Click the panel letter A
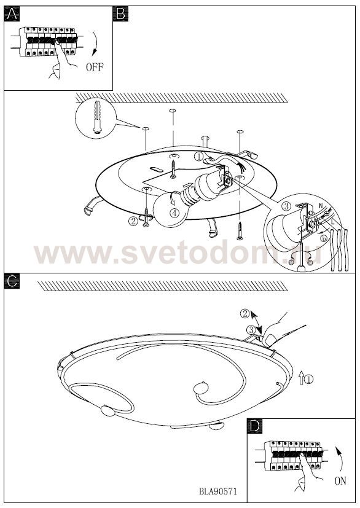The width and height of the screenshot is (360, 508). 12,14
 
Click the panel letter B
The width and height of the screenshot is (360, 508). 120,14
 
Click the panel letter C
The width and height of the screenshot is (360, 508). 12,281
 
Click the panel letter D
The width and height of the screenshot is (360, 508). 255,426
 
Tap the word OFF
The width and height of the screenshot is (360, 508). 95,67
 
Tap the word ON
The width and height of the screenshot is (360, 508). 340,481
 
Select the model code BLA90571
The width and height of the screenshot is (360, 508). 217,491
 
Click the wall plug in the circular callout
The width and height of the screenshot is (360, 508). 97,117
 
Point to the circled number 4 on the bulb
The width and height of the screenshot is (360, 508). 174,213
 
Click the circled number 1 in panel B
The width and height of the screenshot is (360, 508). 198,157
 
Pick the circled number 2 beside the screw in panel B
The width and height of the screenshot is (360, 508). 133,221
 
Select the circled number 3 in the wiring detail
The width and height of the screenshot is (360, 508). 286,206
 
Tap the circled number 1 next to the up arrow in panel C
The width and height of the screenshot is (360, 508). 309,379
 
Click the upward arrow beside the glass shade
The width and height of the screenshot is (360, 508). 301,378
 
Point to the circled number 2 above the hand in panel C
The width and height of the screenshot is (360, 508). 245,314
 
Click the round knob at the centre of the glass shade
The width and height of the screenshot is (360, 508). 202,387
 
